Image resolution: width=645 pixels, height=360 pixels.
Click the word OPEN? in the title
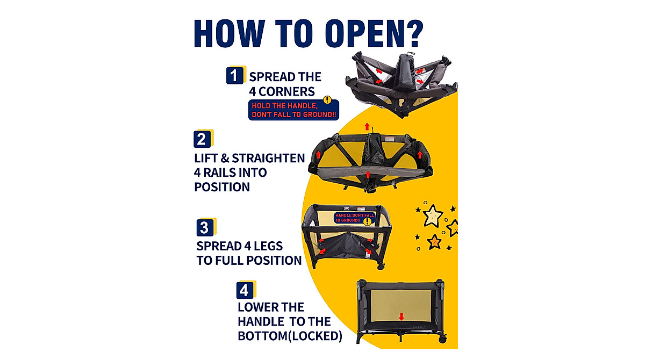click(x=374, y=33)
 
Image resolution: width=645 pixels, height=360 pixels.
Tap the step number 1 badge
click(x=235, y=75)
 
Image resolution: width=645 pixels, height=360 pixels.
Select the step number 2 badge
click(x=202, y=139)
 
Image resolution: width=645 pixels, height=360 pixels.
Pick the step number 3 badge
click(x=205, y=228)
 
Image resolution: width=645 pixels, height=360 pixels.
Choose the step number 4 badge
click(x=245, y=290)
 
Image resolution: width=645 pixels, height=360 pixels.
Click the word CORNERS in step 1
click(x=286, y=92)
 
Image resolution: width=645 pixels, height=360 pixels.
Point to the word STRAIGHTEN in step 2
click(x=268, y=159)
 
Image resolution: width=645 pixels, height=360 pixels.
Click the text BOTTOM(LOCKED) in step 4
click(x=290, y=336)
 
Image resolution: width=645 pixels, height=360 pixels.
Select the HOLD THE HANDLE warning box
click(x=293, y=110)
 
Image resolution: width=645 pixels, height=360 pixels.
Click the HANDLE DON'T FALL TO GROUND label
click(x=354, y=218)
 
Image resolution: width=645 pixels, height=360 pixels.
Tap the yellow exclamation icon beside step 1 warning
click(x=327, y=100)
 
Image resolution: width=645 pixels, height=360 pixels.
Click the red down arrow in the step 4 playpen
click(x=402, y=317)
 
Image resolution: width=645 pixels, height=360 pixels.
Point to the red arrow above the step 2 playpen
click(x=367, y=126)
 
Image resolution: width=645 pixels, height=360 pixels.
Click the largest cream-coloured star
click(x=432, y=216)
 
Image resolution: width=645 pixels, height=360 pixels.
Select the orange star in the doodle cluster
click(x=434, y=242)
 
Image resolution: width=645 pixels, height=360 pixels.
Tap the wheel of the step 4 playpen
click(x=442, y=339)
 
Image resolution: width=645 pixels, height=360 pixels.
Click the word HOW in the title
click(x=230, y=33)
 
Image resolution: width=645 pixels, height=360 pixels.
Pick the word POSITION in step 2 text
click(x=222, y=187)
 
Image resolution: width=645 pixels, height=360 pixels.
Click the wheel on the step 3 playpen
click(x=381, y=266)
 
